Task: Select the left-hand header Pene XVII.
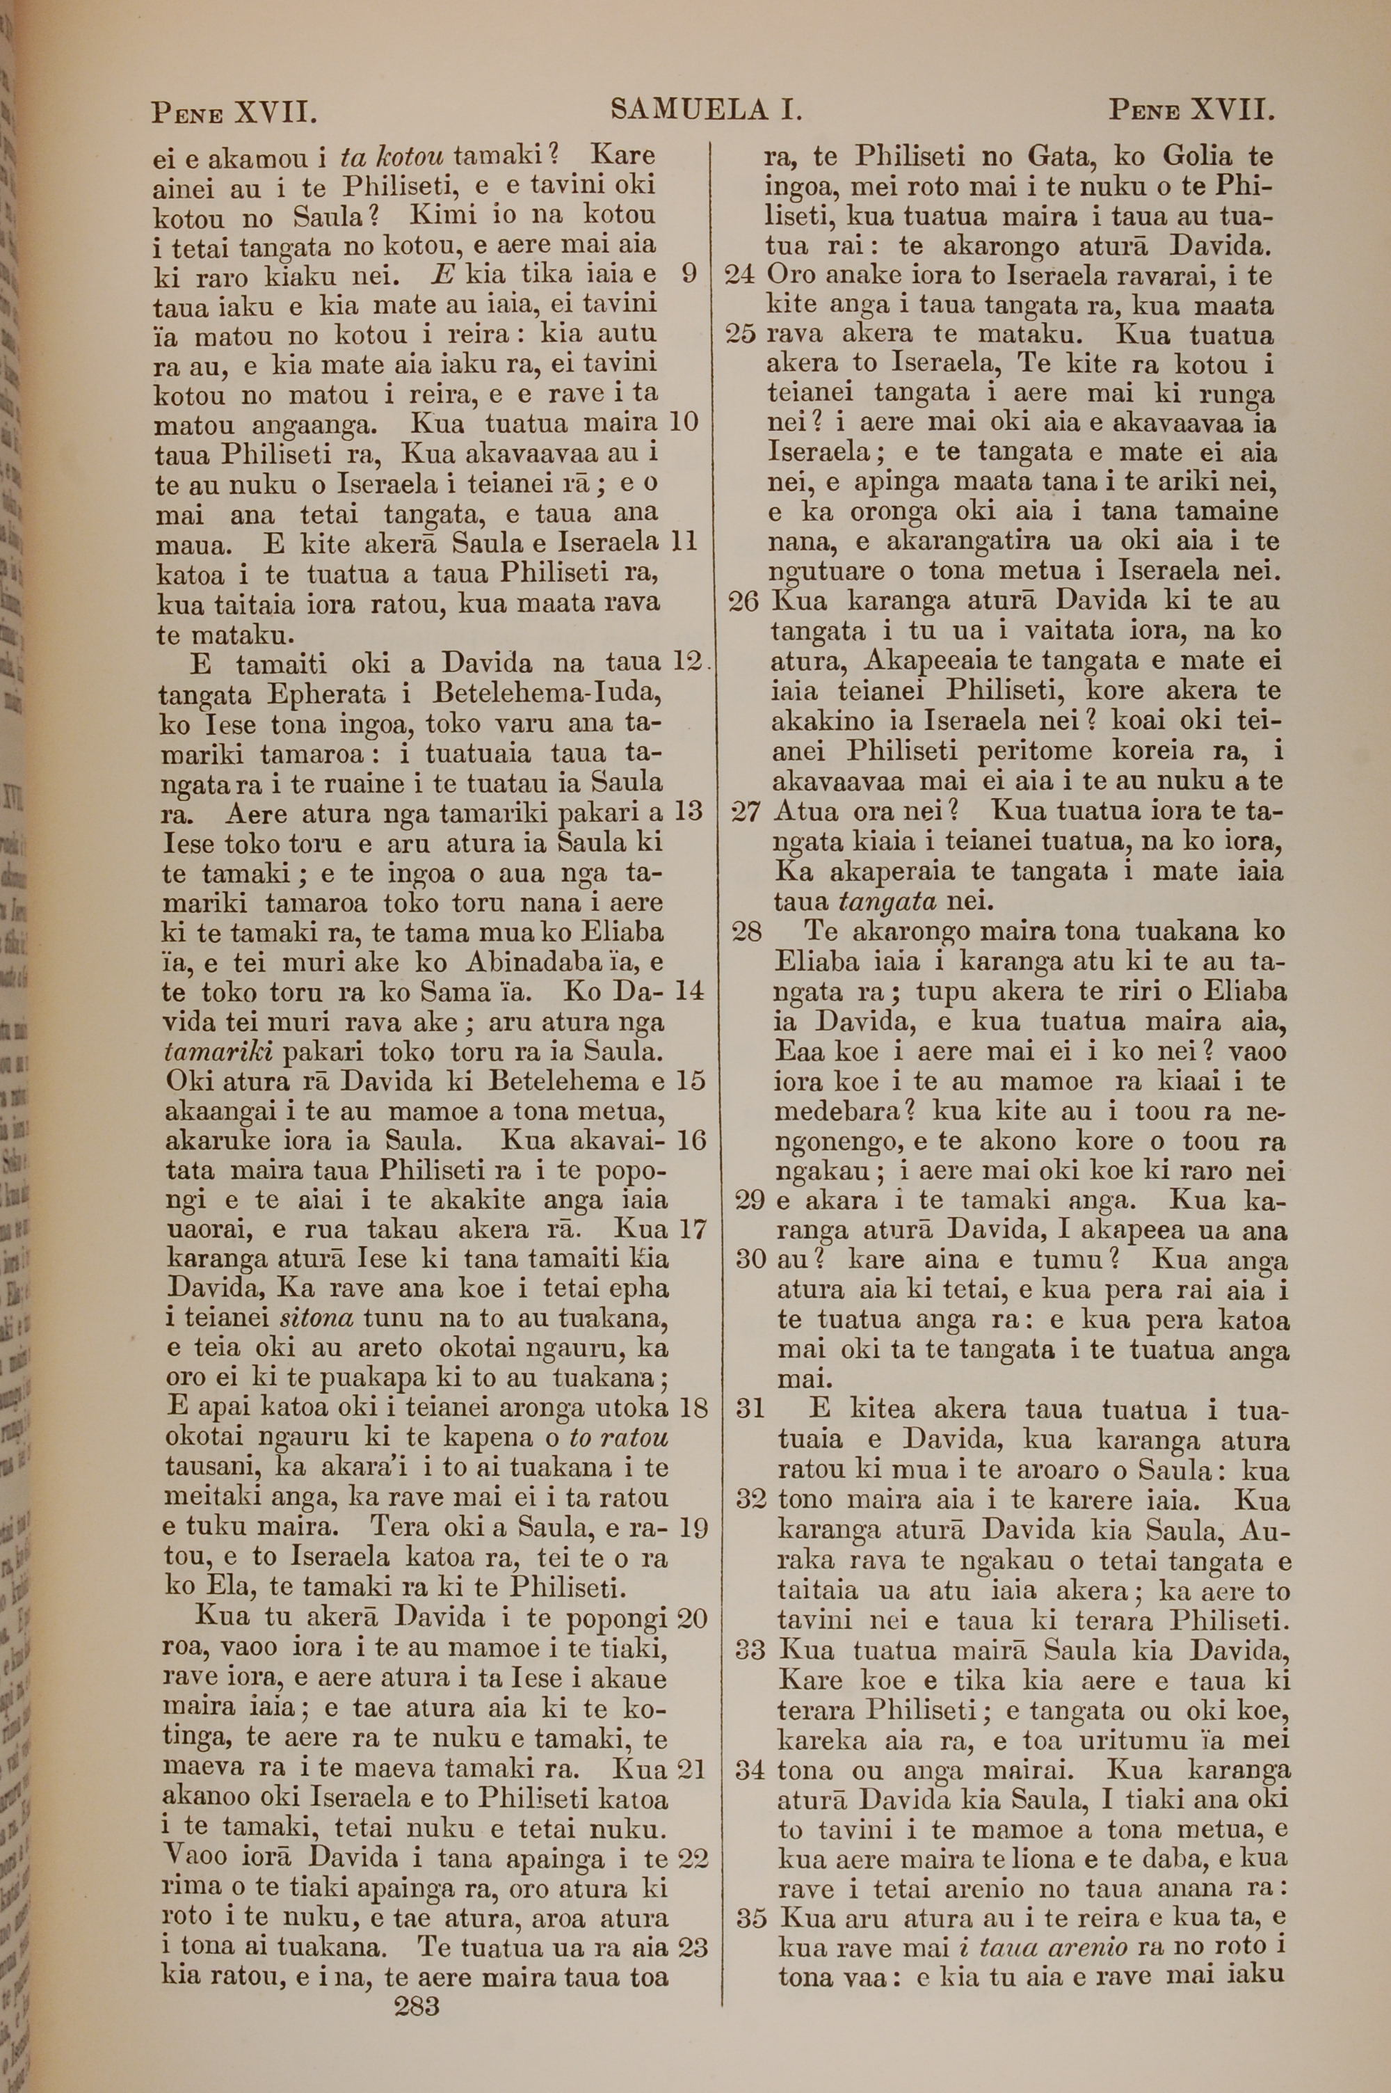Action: pyautogui.click(x=234, y=113)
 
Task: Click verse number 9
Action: pyautogui.click(x=686, y=273)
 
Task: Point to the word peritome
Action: pyautogui.click(x=1034, y=751)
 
